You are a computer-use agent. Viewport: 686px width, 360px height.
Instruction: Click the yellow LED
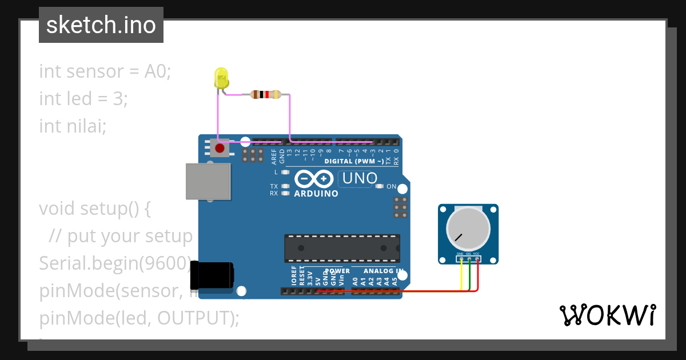coord(221,78)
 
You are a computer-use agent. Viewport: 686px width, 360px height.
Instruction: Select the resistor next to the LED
coord(266,94)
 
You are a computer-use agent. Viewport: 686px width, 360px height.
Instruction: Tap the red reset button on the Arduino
coord(219,149)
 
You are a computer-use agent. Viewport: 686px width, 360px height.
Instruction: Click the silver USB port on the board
coord(209,181)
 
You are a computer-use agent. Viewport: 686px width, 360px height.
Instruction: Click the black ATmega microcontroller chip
coord(342,248)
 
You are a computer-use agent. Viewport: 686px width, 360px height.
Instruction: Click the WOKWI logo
coord(607,315)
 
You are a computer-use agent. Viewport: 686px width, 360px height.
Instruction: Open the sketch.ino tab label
coord(101,25)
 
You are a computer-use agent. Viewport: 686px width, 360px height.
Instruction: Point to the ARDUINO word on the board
coord(316,194)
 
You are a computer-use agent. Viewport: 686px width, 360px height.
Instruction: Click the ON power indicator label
coord(392,186)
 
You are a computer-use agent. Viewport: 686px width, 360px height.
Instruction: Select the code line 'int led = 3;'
coord(83,99)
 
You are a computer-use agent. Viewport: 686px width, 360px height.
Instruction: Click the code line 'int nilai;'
coord(73,126)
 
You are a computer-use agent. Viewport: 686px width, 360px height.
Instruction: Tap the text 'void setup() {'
coord(95,209)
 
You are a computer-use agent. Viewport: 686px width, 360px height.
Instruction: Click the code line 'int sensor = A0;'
coord(105,71)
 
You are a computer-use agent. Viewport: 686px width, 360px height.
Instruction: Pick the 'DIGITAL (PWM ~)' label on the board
coord(354,161)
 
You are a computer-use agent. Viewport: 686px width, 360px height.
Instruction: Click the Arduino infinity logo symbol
coord(314,179)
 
